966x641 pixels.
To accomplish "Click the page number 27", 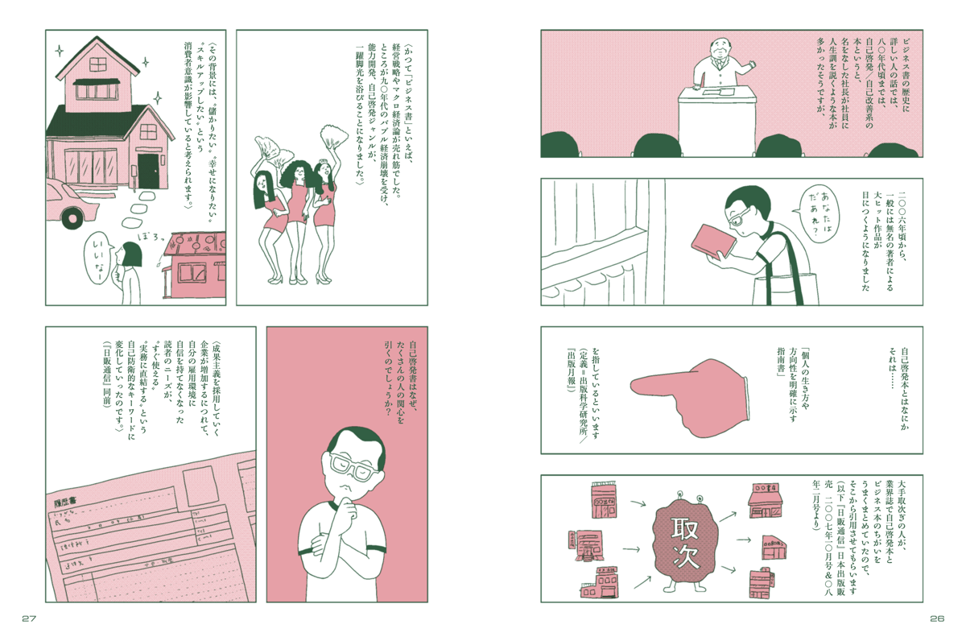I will pyautogui.click(x=30, y=618).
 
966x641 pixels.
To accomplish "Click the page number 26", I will pyautogui.click(x=935, y=618).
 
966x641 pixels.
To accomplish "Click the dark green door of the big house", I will pyautogui.click(x=148, y=171).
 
